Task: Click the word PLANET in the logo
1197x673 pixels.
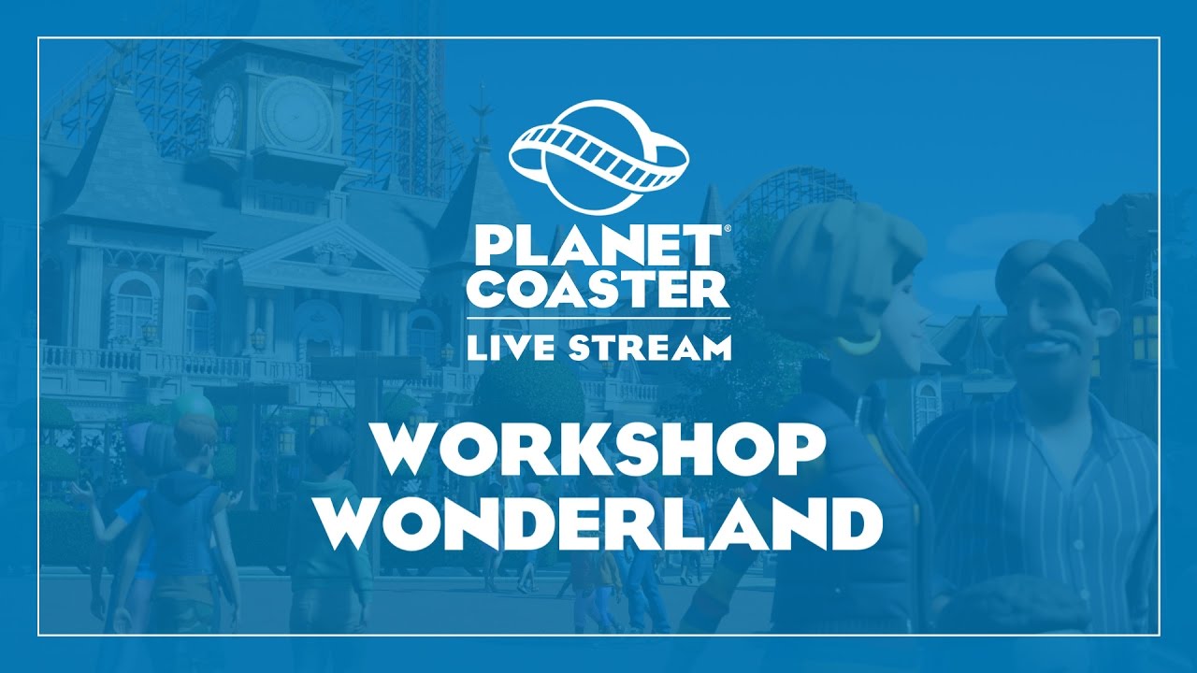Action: coord(596,246)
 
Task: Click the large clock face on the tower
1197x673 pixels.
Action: coord(296,115)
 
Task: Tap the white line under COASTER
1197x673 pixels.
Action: coord(598,317)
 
